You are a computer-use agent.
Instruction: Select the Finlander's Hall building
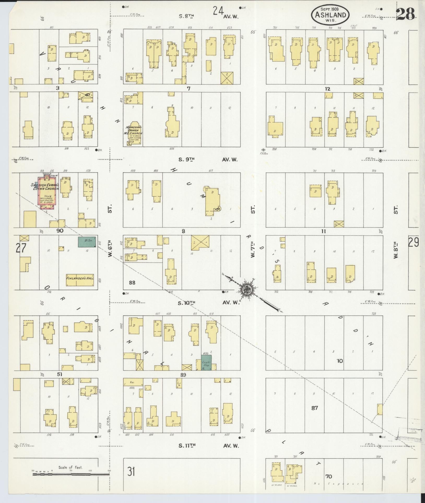[80, 278]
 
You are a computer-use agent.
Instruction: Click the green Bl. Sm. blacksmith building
[87, 242]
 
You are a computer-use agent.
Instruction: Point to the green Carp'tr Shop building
[206, 362]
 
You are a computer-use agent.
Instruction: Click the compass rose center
[246, 289]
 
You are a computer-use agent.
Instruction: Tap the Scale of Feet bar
[70, 474]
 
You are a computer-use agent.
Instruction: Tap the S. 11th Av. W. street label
[209, 446]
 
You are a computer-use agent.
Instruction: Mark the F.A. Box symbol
[263, 150]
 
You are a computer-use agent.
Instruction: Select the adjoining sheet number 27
[21, 248]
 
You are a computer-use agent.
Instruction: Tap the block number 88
[132, 282]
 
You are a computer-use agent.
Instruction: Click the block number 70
[329, 476]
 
